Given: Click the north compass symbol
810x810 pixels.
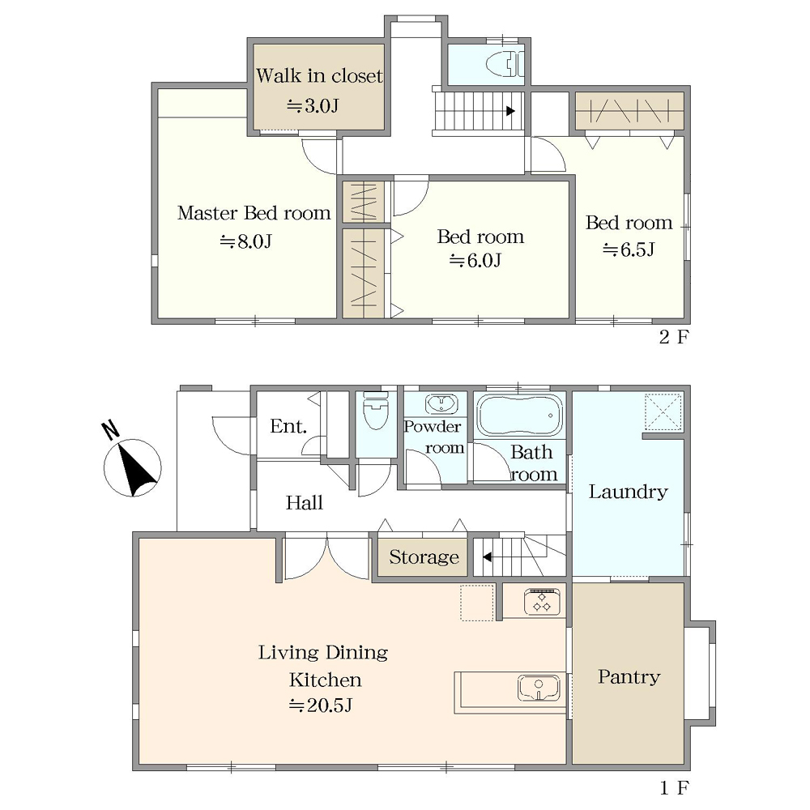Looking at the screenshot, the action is point(132,462).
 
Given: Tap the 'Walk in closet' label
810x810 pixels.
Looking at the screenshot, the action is point(319,76).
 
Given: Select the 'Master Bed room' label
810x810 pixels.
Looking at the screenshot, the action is point(254,213).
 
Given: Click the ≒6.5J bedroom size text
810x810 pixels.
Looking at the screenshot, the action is point(629,250).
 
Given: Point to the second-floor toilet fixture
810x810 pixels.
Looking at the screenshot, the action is point(505,65).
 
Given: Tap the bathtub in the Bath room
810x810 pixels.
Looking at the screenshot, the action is point(520,416).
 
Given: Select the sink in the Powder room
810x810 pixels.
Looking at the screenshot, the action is point(441,403).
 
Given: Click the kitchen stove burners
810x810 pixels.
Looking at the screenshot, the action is point(542,602).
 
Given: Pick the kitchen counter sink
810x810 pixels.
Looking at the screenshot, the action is point(539,688).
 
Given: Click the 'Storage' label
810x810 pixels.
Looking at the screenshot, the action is point(424,557).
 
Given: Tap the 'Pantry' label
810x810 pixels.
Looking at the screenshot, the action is point(629,676).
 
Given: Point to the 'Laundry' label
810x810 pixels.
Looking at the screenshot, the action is point(629,492).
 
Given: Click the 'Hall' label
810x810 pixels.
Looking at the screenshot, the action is point(305,503).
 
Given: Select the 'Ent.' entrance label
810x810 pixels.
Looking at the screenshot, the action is point(288,426).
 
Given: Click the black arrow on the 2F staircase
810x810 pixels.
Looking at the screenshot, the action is point(510,111).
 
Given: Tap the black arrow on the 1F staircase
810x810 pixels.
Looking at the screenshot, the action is point(487,557).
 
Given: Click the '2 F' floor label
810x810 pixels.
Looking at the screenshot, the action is point(674,337).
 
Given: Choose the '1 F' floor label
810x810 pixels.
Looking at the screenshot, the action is point(674,788).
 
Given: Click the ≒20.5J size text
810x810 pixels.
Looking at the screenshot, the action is point(320,706).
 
